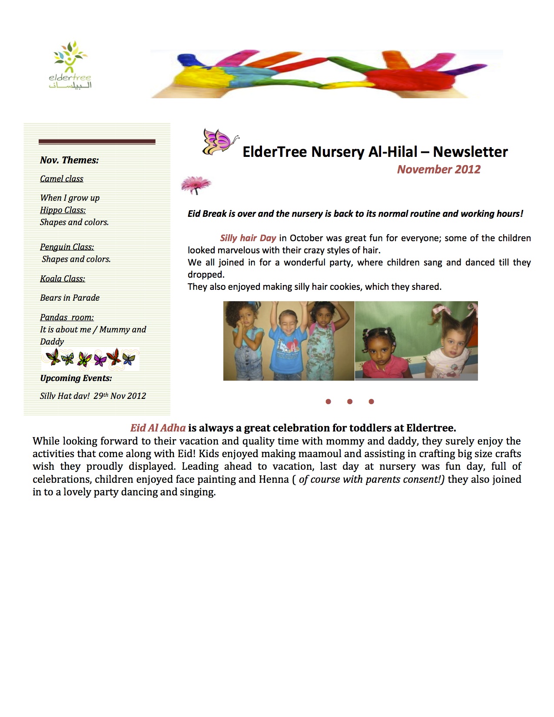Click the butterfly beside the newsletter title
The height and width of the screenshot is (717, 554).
[x=220, y=142]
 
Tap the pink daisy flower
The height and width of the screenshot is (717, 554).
[x=196, y=185]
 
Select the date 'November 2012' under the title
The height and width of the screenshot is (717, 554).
[x=438, y=169]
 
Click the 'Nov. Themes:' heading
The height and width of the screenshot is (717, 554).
[x=69, y=160]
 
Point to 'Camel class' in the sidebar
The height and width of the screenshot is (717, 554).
[x=61, y=179]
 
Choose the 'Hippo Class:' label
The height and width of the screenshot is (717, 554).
[x=63, y=210]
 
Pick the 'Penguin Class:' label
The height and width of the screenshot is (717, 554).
[x=67, y=247]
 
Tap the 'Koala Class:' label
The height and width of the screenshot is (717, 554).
[x=62, y=279]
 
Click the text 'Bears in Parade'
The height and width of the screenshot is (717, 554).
[x=70, y=298]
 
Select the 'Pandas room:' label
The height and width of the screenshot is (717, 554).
[x=66, y=318]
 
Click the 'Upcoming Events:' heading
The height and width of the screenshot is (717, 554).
[x=76, y=378]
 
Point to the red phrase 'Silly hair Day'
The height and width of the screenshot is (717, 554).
[x=248, y=238]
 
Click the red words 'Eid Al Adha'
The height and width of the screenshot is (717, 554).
[x=158, y=428]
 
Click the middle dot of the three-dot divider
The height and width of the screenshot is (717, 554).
[x=350, y=402]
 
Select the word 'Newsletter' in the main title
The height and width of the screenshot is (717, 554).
[x=470, y=152]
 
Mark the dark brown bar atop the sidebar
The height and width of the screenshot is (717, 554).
[x=97, y=142]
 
